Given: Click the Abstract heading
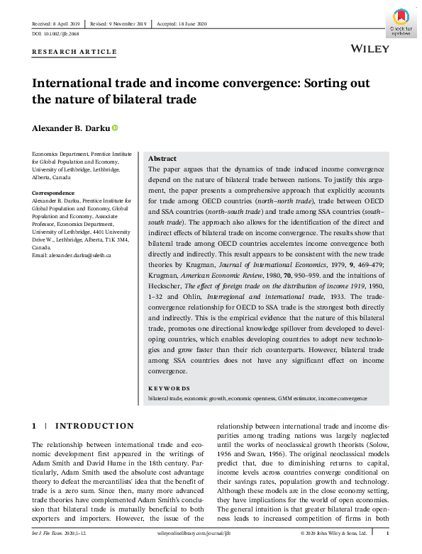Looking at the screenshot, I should click(x=162, y=159).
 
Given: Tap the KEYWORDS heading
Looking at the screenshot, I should click(x=169, y=388).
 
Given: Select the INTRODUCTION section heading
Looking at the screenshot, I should click(x=94, y=426).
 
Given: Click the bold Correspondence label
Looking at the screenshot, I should click(x=55, y=193).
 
